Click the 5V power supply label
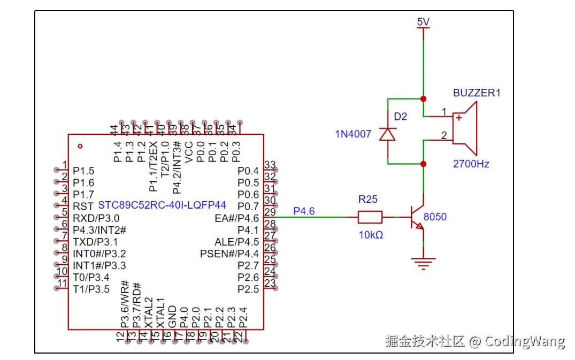pos(423,22)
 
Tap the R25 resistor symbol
pos(370,217)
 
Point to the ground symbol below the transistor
pos(423,263)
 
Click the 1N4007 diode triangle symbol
pos(387,134)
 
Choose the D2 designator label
pos(401,117)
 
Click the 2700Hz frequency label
pos(471,164)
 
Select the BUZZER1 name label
pos(477,93)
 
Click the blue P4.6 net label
pos(304,211)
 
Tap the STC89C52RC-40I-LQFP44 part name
pos(162,205)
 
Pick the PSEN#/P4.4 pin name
pos(229,254)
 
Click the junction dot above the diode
pos(423,99)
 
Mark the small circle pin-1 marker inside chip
pos(80,146)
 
